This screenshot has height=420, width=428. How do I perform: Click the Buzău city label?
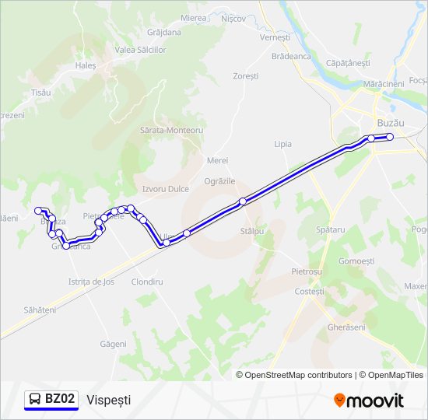tap(390, 123)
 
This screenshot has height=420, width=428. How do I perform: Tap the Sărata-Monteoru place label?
tap(171, 131)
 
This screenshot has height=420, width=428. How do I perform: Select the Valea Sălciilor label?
tap(141, 50)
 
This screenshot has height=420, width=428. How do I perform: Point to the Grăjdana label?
tap(164, 33)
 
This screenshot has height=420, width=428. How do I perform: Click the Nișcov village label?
tap(233, 18)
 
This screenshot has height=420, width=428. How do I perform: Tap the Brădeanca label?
tap(292, 56)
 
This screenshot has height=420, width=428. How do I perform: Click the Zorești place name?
tap(246, 76)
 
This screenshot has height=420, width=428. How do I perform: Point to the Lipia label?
tap(283, 144)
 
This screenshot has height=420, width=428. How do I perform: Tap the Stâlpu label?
tap(253, 231)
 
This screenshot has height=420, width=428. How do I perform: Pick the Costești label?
tap(310, 291)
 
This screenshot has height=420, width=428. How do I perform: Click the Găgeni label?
tap(113, 343)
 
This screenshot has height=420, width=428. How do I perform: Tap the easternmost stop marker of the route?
tap(390, 137)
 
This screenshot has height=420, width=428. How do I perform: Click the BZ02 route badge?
tap(51, 399)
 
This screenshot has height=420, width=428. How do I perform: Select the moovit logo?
tap(369, 401)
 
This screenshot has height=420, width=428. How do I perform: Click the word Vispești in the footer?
tap(110, 399)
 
